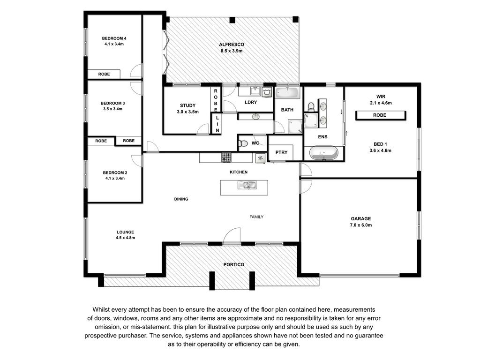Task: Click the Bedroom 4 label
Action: click(x=114, y=38)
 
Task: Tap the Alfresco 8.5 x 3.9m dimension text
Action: click(x=232, y=51)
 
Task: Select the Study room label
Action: click(x=187, y=105)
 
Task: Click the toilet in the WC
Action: click(x=243, y=143)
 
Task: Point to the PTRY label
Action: click(x=281, y=152)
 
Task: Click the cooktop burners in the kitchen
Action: click(x=226, y=157)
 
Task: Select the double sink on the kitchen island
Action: click(x=247, y=185)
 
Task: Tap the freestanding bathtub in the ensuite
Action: click(x=323, y=153)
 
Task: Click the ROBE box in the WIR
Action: click(x=381, y=115)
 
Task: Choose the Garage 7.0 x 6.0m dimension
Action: click(x=360, y=225)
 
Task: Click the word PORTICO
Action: click(x=233, y=264)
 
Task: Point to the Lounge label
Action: click(x=125, y=232)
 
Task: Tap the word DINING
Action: click(x=181, y=199)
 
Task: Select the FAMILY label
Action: click(x=256, y=217)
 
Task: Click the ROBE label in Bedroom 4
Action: click(x=104, y=74)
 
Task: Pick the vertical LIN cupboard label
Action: click(x=217, y=124)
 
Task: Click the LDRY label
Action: click(x=251, y=102)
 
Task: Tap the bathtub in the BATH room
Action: click(x=287, y=93)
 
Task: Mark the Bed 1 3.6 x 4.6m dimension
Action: click(x=380, y=150)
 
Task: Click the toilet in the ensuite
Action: click(x=311, y=106)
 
